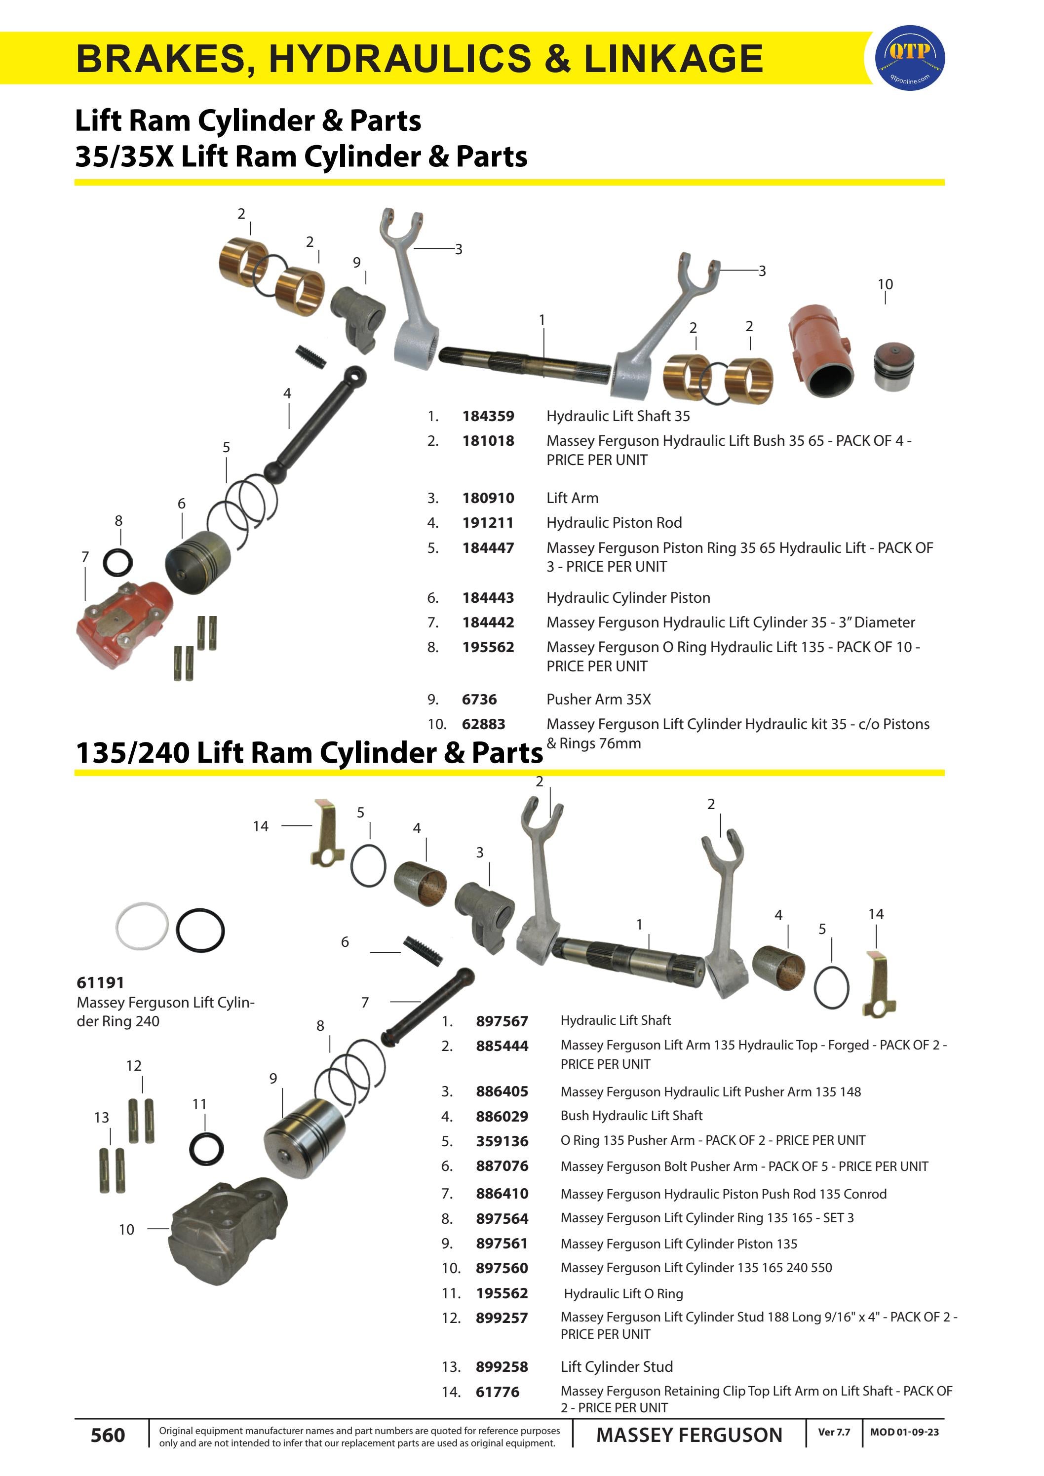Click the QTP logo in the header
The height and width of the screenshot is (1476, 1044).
pyautogui.click(x=910, y=58)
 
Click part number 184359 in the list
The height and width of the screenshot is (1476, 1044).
pyautogui.click(x=488, y=416)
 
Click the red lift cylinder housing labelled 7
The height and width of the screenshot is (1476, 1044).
pyautogui.click(x=123, y=623)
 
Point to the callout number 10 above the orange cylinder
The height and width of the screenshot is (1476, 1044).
pyautogui.click(x=885, y=284)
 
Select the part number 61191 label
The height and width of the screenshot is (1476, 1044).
pyautogui.click(x=100, y=982)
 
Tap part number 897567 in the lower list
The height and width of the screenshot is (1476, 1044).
pyautogui.click(x=502, y=1021)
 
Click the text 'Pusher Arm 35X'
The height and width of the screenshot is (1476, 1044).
pyautogui.click(x=598, y=699)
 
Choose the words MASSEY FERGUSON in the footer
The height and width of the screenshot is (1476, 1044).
pyautogui.click(x=689, y=1435)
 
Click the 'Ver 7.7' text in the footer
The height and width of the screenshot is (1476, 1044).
pyautogui.click(x=833, y=1432)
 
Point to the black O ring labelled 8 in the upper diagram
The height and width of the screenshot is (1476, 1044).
pyautogui.click(x=118, y=563)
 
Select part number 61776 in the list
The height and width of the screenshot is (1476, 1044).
pyautogui.click(x=497, y=1392)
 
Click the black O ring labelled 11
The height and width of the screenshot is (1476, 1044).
pyautogui.click(x=206, y=1148)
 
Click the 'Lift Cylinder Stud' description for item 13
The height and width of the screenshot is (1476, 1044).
pyautogui.click(x=616, y=1367)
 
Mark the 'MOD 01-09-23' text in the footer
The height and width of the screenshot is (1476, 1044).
pyautogui.click(x=904, y=1432)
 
